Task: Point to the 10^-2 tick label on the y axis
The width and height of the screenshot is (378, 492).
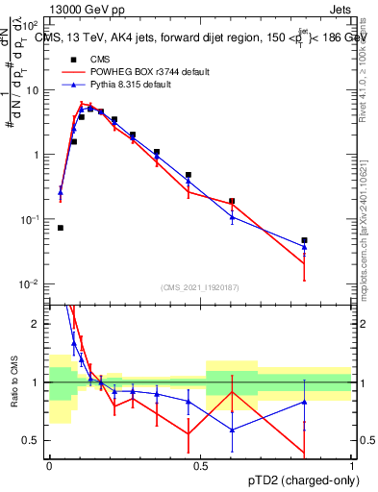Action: [x=29, y=284]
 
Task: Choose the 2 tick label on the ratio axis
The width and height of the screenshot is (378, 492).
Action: [x=37, y=324]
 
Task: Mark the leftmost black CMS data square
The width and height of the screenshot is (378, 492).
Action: [x=61, y=228]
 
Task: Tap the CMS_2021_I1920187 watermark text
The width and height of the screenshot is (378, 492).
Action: [x=199, y=287]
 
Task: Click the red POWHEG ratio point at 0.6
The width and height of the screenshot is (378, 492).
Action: [x=232, y=392]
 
